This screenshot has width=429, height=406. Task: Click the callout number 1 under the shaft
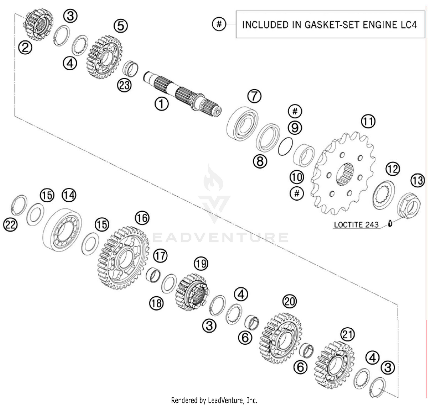[x=162, y=104]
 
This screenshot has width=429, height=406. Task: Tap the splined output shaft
[x=183, y=93]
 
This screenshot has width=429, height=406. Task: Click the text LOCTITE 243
[x=356, y=225]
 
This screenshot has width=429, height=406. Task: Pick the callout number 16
[x=142, y=218]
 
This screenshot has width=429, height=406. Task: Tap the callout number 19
[x=201, y=263]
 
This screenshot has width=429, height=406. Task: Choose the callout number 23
[x=124, y=85]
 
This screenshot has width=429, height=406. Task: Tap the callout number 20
[x=289, y=301]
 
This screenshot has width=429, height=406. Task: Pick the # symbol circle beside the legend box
[x=219, y=24]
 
